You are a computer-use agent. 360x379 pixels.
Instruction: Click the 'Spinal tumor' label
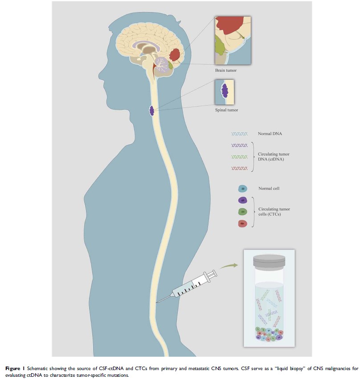click(x=225, y=108)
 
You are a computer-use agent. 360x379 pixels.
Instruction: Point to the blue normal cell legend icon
click(x=243, y=189)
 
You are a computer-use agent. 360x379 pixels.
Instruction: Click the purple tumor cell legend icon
click(x=243, y=200)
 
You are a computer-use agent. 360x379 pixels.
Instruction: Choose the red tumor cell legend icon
click(x=243, y=223)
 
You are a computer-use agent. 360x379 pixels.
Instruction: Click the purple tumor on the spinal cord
click(x=151, y=110)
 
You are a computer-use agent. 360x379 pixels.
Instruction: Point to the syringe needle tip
click(x=157, y=302)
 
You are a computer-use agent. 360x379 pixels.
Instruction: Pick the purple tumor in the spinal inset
click(x=225, y=91)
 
